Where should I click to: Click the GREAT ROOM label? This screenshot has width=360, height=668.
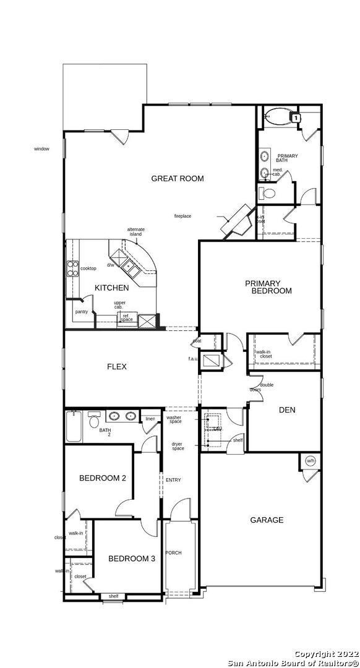coord(178,179)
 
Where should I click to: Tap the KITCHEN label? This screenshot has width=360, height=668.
coord(112,288)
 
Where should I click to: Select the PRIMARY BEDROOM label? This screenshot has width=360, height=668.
coord(268,287)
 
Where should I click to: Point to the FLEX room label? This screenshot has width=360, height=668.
coord(117,367)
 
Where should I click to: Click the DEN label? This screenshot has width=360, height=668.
coord(286,409)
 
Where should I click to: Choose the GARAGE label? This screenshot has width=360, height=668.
coord(267,520)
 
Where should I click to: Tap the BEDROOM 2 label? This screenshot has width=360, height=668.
coord(103,478)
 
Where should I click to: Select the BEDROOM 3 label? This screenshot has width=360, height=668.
coord(131,559)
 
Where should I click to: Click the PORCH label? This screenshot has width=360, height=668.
coord(173,552)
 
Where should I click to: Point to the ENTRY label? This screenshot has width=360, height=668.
coord(173,480)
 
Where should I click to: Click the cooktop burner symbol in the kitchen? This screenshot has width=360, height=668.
coord(72,268)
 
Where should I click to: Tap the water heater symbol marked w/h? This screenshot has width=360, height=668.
coord(310,461)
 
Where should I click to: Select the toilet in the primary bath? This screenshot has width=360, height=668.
coord(268,194)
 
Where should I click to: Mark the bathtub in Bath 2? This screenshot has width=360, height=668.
coord(74,427)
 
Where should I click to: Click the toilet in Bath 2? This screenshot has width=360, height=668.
coord(94,420)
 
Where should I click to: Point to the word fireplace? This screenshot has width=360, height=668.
coord(182,216)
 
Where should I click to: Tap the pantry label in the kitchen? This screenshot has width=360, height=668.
coord(81,312)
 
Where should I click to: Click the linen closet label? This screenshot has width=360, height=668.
coord(150,419)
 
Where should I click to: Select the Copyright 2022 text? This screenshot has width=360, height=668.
coord(324,654)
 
